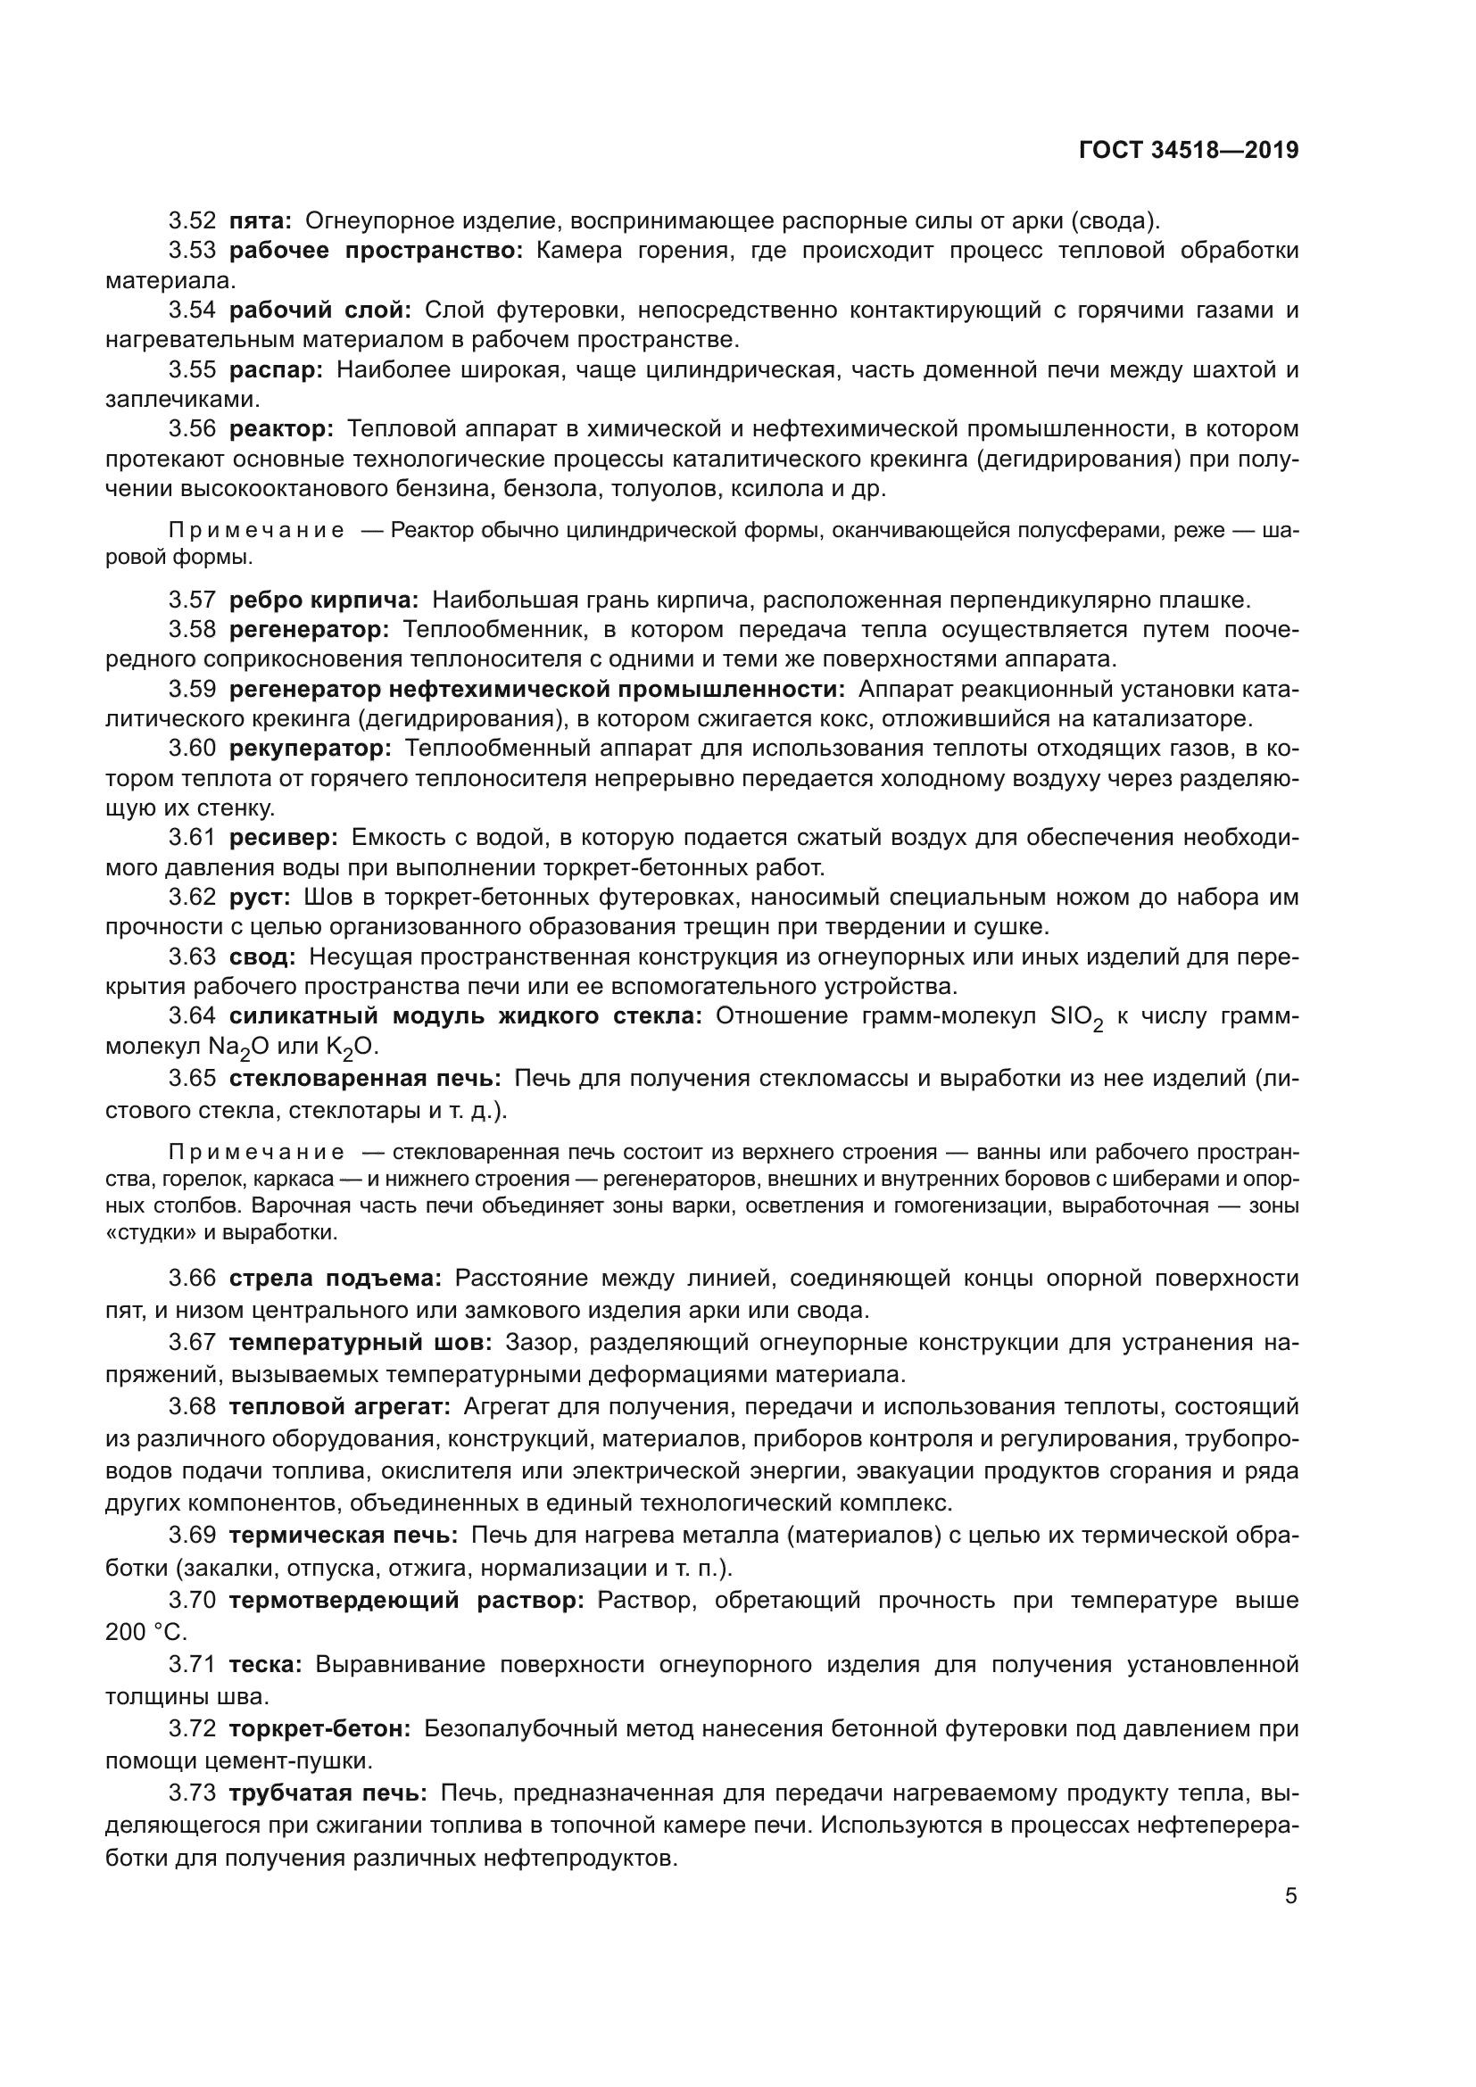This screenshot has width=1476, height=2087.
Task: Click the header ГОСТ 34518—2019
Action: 1188,150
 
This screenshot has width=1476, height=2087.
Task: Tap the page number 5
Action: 1290,1895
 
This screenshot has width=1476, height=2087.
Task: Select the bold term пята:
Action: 260,221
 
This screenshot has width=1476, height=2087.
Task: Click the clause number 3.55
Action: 192,370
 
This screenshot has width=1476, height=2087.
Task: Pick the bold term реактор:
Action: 282,429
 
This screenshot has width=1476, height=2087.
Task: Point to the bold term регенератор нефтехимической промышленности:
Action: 536,690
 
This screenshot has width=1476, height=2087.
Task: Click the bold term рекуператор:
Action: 310,749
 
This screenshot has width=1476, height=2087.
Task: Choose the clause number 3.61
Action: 192,837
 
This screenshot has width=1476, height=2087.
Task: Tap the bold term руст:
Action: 259,897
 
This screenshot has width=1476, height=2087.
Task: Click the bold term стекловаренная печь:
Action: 364,1079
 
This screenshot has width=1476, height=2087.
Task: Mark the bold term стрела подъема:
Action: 335,1279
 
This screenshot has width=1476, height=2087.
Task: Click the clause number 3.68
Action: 192,1407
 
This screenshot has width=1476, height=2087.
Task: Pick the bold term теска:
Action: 264,1664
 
